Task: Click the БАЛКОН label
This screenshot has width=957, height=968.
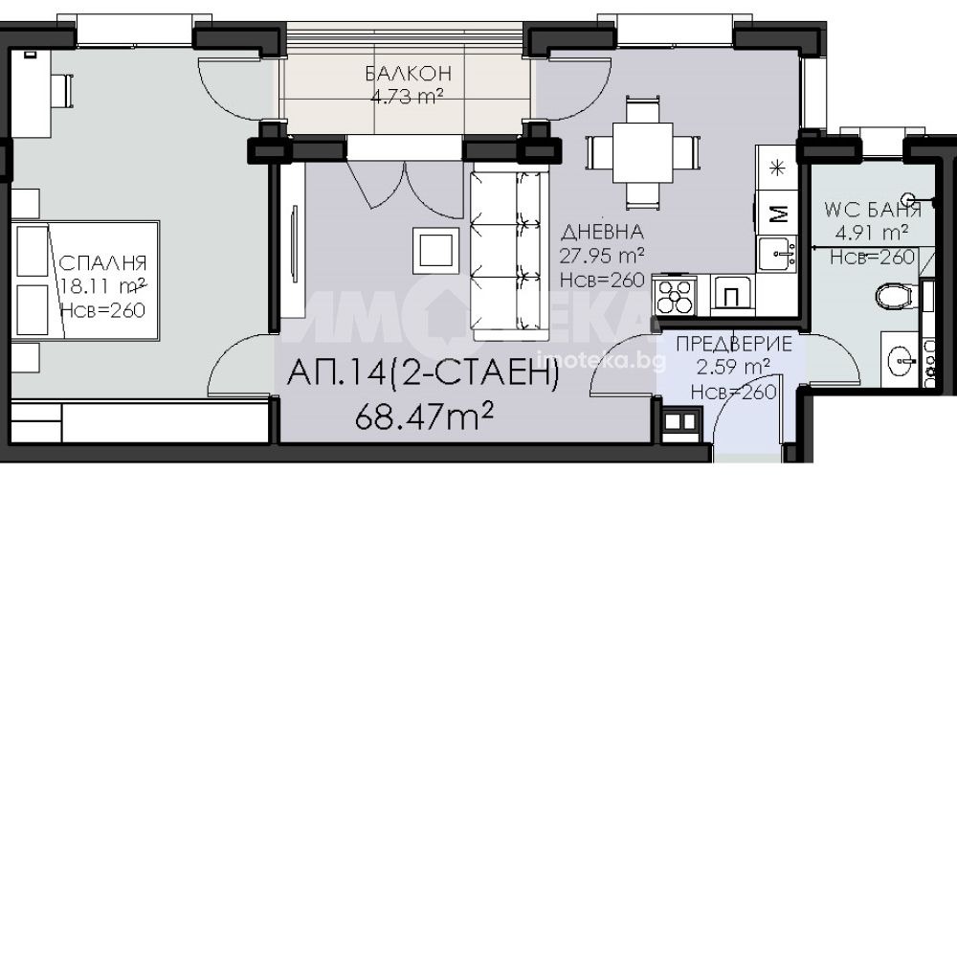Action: [408, 74]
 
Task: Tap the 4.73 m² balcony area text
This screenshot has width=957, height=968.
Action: [407, 97]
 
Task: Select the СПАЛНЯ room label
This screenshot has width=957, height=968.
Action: [102, 263]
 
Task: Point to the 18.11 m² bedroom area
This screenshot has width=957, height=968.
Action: [103, 286]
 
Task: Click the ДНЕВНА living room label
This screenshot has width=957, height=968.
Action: [602, 232]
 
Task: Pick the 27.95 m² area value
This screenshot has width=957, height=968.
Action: [602, 256]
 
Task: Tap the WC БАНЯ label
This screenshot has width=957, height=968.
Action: [873, 210]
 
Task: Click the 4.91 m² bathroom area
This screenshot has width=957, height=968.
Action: [871, 233]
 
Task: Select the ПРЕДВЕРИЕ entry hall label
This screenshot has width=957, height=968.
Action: [734, 344]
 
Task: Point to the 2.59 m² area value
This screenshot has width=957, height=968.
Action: [733, 368]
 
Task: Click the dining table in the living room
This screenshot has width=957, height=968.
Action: [642, 152]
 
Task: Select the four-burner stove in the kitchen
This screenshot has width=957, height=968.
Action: [675, 296]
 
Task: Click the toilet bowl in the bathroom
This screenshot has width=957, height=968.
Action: [894, 296]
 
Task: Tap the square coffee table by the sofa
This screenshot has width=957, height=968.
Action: [435, 251]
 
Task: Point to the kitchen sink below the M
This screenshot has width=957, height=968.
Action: [777, 255]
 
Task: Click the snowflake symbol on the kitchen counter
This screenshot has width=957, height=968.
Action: [777, 168]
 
